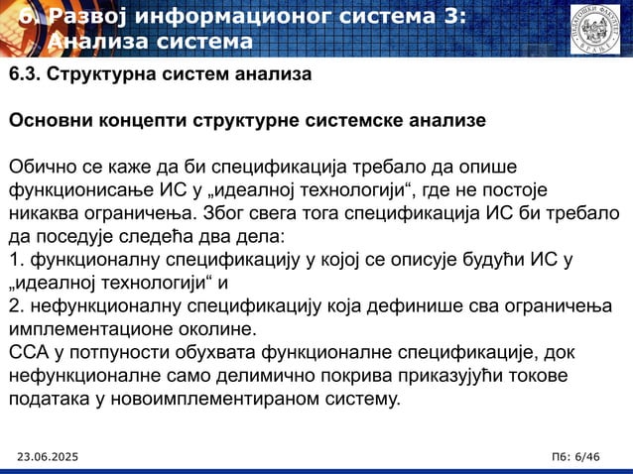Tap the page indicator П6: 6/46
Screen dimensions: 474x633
(574, 455)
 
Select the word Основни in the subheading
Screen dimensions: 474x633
(49, 121)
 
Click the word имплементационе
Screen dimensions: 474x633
(82, 329)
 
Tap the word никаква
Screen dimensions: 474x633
(45, 213)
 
